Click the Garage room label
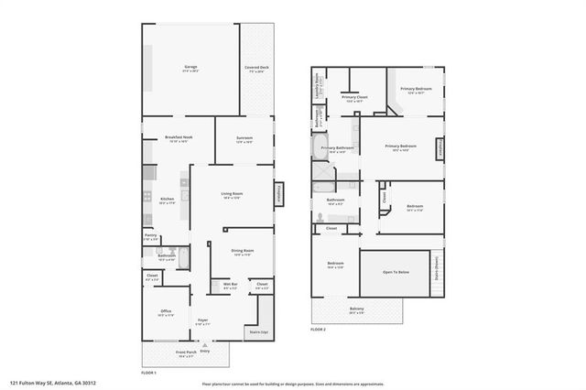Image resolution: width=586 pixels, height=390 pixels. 191,67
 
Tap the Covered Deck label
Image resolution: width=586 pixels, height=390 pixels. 256,68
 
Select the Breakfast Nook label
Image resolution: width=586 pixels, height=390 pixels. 177,137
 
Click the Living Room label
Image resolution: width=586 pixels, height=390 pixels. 231,193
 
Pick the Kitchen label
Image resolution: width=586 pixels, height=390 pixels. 167,199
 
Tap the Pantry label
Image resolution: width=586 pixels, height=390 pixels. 151,235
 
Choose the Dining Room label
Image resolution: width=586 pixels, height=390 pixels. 243,251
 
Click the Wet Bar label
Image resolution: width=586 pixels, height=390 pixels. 230,286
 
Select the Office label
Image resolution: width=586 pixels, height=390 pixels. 166,311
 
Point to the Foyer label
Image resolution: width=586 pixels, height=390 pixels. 203,321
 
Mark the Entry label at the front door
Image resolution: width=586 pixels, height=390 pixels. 204,351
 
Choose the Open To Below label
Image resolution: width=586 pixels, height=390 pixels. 399,272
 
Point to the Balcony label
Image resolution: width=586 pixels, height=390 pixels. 355,309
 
